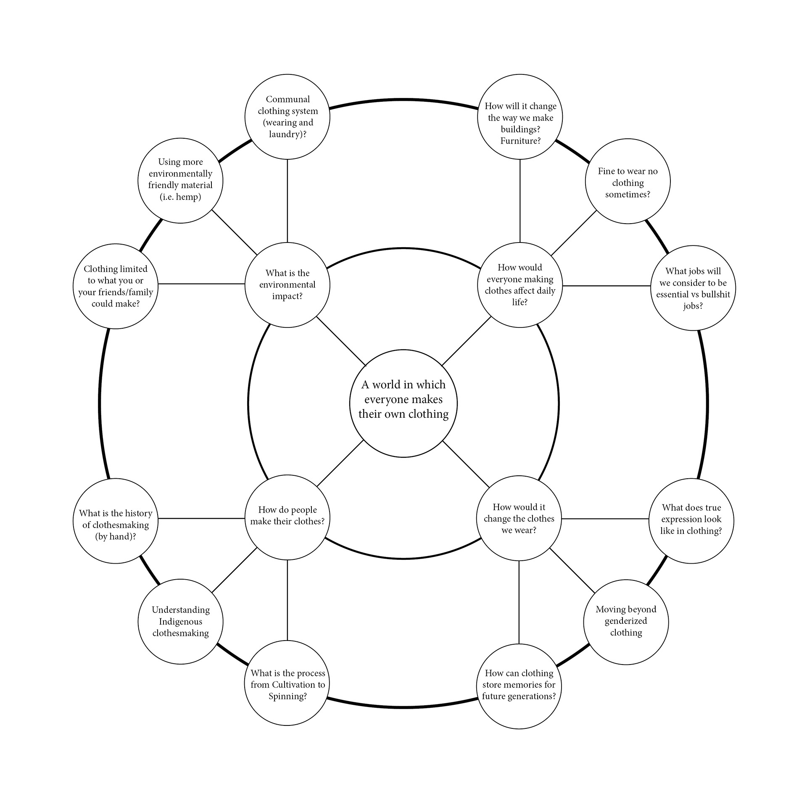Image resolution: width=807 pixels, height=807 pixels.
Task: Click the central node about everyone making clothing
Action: (x=403, y=403)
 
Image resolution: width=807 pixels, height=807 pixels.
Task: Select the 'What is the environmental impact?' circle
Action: (x=287, y=285)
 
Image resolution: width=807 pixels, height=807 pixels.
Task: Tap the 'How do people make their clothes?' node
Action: (x=287, y=517)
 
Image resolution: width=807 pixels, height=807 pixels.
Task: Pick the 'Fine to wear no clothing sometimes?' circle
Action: (x=628, y=182)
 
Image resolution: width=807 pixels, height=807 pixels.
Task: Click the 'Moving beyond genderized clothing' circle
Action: (x=626, y=622)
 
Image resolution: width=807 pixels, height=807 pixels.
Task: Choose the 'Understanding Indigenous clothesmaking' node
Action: (x=180, y=622)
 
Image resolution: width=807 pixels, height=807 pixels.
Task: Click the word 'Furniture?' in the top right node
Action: (x=520, y=141)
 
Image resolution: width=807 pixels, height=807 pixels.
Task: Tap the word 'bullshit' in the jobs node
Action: (x=715, y=294)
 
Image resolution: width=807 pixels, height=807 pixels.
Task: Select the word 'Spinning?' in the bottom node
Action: (x=287, y=696)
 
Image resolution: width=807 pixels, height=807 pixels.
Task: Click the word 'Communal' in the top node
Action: (x=287, y=99)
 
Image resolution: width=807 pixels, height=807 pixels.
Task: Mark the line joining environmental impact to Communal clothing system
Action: (x=287, y=200)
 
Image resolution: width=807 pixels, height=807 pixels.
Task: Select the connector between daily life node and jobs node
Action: (x=606, y=286)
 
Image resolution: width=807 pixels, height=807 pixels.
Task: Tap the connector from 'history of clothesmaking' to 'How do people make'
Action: (x=201, y=518)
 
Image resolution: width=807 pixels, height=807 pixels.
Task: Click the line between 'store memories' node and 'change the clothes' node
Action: (x=519, y=602)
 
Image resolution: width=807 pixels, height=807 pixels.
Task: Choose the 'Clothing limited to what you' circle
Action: (x=115, y=286)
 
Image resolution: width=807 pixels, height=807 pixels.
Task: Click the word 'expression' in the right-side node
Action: (x=691, y=519)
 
